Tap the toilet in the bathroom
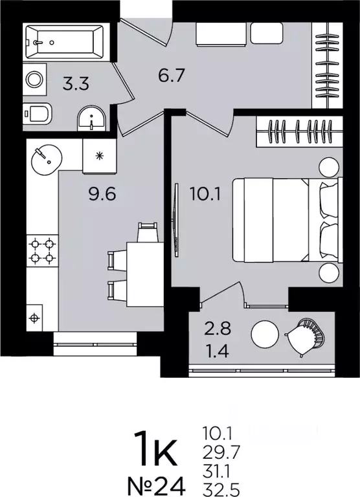point(38,113)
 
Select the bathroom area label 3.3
point(76,84)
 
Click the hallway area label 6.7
point(172,76)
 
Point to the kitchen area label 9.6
point(102,193)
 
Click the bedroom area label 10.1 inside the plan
point(205,193)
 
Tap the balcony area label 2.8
point(218,328)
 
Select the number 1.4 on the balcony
point(217,351)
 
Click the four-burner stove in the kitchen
point(42,250)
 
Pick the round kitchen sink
point(47,159)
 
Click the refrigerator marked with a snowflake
point(100,156)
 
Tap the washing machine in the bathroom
point(34,79)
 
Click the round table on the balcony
point(265,335)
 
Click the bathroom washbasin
point(91,119)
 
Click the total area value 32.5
point(221,490)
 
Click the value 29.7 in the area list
point(221,452)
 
